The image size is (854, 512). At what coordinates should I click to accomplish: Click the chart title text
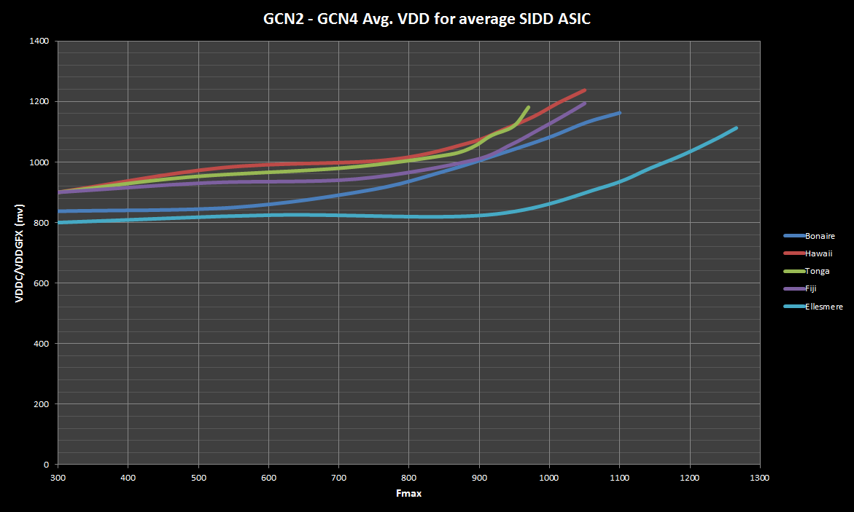[427, 20]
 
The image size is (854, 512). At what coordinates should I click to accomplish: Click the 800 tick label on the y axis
[41, 223]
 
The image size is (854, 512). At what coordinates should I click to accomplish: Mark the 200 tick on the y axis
[41, 404]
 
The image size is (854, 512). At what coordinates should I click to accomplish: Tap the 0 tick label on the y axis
[46, 465]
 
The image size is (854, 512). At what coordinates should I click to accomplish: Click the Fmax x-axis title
[408, 494]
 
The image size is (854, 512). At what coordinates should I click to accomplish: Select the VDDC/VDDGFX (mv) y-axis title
[23, 252]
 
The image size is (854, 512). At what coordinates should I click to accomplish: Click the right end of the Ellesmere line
[737, 128]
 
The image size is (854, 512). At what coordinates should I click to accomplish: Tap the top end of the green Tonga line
[528, 107]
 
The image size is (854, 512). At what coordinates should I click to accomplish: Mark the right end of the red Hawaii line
[584, 90]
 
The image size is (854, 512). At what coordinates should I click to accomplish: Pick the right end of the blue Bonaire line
[619, 113]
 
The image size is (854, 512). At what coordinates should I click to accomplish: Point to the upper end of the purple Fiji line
[584, 103]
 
